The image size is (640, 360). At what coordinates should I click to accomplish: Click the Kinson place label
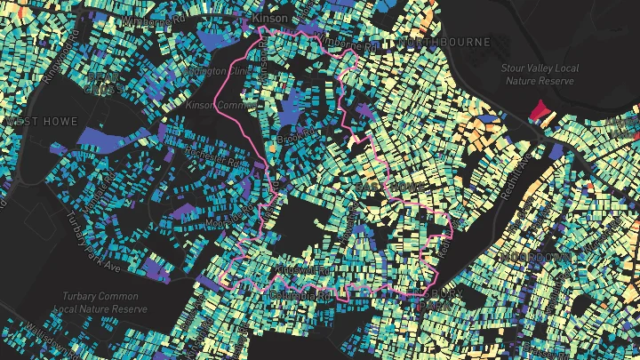[270, 17]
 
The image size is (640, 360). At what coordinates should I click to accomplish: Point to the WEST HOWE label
[41, 120]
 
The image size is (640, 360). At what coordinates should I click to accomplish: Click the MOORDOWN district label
[535, 256]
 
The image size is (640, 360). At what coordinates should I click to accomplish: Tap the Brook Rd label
[296, 134]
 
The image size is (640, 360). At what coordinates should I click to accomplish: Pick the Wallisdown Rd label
[36, 338]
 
